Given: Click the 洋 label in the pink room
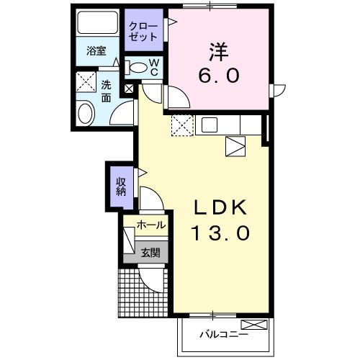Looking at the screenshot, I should tap(220, 52).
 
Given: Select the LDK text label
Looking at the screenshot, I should tap(221, 209).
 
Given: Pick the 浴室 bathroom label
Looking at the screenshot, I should tap(97, 52).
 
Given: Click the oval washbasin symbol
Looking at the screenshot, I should tap(86, 114).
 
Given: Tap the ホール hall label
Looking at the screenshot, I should tap(150, 225).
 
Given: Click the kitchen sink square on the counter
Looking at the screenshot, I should tap(209, 125).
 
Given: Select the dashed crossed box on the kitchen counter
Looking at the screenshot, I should tap(183, 125).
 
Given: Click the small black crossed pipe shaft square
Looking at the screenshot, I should tap(129, 89).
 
